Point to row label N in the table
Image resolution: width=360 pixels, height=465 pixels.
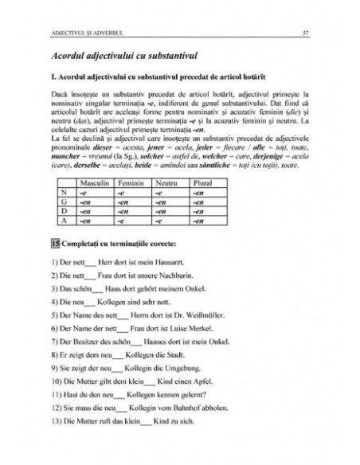[x=63, y=192]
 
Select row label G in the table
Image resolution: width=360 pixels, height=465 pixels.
[x=63, y=201]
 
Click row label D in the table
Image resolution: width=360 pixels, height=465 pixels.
[x=63, y=211]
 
